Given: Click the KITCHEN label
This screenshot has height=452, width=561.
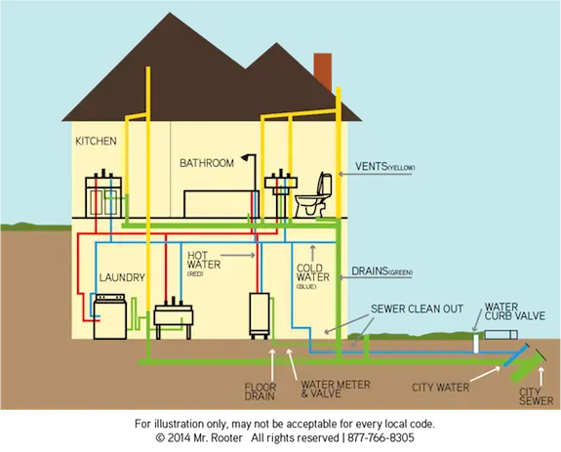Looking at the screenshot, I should tap(96, 142).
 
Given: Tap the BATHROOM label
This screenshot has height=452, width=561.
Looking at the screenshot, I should tap(206, 163).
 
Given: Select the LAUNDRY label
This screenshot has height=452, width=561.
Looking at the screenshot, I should tap(123, 278).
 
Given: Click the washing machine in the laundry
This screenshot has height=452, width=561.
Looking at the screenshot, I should tap(110, 316).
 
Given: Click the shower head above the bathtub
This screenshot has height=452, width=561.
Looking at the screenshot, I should tap(251, 158).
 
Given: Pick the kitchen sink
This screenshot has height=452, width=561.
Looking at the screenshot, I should tap(104, 183).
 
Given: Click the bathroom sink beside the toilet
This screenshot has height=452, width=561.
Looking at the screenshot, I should tap(280, 184).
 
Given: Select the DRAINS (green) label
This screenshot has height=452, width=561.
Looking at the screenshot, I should tap(386, 269).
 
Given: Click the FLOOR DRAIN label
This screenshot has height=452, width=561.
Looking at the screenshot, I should tap(259, 391).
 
